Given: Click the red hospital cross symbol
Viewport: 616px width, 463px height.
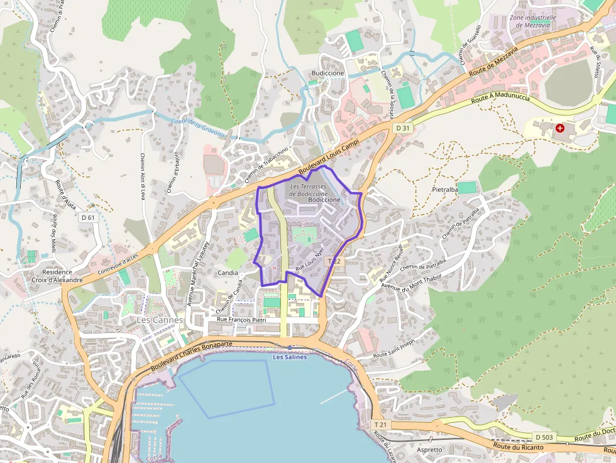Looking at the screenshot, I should pyautogui.click(x=559, y=128).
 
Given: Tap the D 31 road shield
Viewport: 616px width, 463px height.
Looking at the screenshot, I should pyautogui.click(x=403, y=128).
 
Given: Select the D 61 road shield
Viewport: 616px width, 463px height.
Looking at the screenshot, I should pyautogui.click(x=88, y=217).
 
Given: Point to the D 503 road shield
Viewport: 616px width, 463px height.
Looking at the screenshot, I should pyautogui.click(x=544, y=437).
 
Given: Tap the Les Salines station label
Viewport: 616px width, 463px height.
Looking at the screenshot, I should pyautogui.click(x=289, y=357).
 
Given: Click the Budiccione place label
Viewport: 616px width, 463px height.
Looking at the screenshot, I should pyautogui.click(x=327, y=74).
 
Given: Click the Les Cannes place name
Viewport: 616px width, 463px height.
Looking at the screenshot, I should pyautogui.click(x=160, y=320).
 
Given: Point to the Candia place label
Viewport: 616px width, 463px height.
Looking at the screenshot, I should pyautogui.click(x=227, y=273).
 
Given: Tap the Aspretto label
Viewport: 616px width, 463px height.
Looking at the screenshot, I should pyautogui.click(x=430, y=450).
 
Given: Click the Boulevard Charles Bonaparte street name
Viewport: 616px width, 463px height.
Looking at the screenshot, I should pyautogui.click(x=191, y=354).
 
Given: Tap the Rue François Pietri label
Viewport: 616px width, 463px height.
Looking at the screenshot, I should pyautogui.click(x=243, y=320).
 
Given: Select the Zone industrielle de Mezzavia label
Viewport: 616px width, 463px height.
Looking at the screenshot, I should pyautogui.click(x=533, y=21).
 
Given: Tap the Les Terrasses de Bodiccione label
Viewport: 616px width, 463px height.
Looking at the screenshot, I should pyautogui.click(x=308, y=190).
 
